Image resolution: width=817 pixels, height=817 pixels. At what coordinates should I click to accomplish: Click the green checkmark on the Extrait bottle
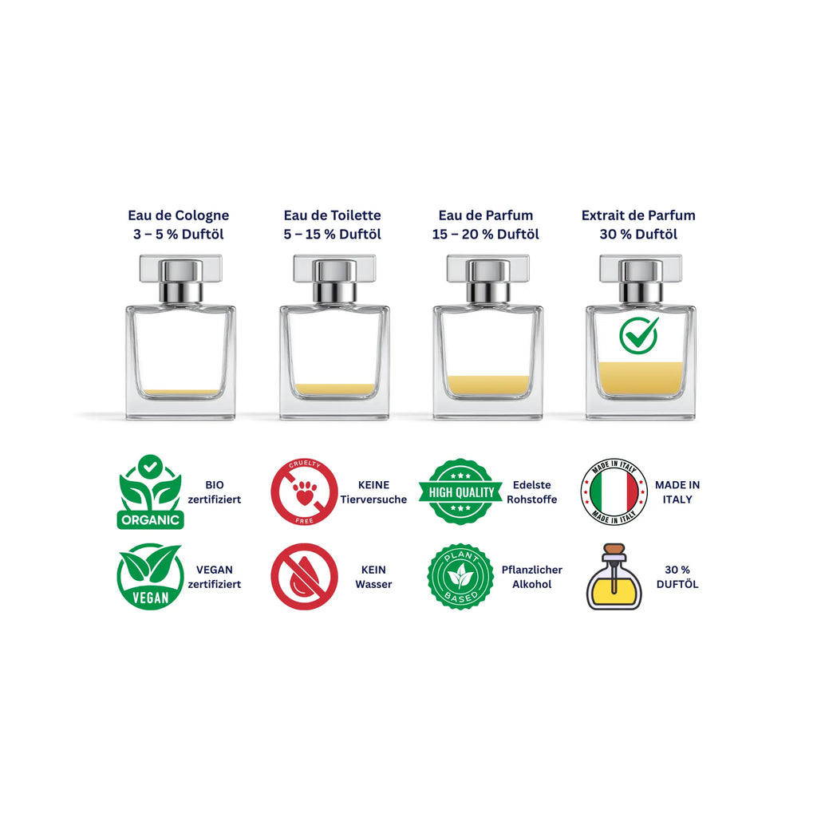[x=638, y=336]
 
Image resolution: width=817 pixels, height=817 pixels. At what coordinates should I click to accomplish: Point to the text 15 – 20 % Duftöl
[x=486, y=235]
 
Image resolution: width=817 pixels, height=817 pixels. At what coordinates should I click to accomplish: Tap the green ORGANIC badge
[x=150, y=491]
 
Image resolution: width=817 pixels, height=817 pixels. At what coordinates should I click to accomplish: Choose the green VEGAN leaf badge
[x=150, y=576]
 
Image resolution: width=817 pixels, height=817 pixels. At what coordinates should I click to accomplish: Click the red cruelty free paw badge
[x=304, y=491]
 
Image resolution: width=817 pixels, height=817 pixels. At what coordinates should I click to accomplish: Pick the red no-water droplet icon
[x=304, y=576]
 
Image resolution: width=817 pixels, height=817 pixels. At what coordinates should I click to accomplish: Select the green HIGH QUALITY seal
[x=460, y=491]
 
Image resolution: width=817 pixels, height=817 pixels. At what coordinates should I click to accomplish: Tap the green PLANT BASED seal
[x=460, y=576]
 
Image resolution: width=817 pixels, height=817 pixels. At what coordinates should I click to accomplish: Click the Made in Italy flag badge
[x=614, y=491]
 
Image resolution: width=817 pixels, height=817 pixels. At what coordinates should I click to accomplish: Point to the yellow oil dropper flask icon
[x=614, y=576]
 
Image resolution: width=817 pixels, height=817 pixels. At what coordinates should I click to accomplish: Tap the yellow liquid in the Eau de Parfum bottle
[x=488, y=385]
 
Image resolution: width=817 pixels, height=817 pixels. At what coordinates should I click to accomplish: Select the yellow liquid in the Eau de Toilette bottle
[x=334, y=389]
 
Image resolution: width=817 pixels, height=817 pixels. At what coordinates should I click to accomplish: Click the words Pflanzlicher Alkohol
[x=532, y=577]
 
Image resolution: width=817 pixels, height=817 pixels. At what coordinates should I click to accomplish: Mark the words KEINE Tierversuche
[x=373, y=491]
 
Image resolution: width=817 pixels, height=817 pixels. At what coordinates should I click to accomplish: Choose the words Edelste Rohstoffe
[x=532, y=491]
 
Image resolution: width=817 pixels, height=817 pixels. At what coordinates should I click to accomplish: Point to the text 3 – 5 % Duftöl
[x=178, y=235]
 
